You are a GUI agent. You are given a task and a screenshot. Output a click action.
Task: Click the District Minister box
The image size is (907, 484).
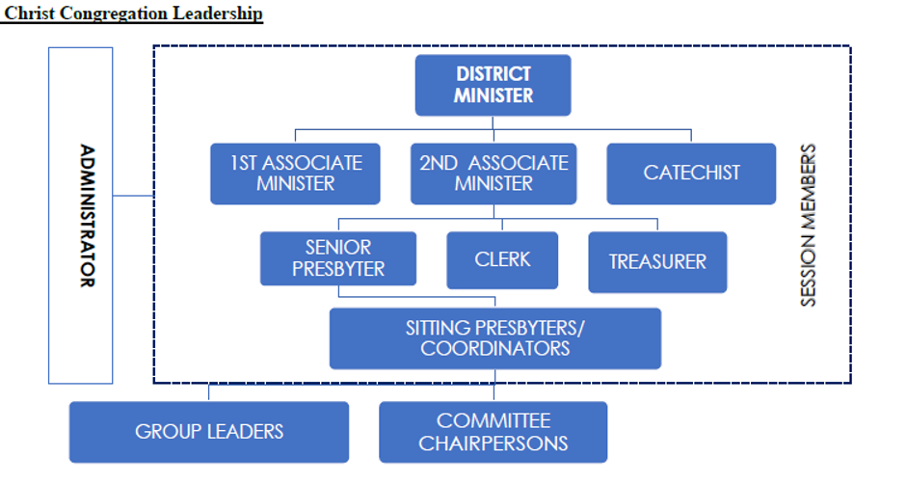pyautogui.click(x=493, y=85)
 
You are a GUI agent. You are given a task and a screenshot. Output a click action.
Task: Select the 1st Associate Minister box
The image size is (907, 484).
pyautogui.click(x=295, y=174)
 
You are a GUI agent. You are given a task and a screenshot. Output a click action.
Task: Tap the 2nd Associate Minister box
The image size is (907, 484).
pyautogui.click(x=494, y=174)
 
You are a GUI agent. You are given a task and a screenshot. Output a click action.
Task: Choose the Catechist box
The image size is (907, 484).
pyautogui.click(x=691, y=174)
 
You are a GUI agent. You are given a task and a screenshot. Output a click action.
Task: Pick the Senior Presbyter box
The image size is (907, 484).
pyautogui.click(x=338, y=258)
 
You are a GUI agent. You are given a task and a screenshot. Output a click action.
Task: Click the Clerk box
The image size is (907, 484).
pyautogui.click(x=502, y=260)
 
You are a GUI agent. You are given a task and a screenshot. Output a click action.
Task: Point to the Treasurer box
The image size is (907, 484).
pyautogui.click(x=657, y=261)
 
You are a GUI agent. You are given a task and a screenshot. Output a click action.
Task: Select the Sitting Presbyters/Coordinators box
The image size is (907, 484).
pyautogui.click(x=494, y=338)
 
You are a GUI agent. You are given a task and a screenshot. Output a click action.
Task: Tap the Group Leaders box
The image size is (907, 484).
pyautogui.click(x=209, y=432)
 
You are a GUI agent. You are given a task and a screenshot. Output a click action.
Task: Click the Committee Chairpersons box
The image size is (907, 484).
pyautogui.click(x=494, y=432)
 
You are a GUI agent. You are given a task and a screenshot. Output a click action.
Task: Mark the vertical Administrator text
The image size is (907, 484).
pyautogui.click(x=87, y=216)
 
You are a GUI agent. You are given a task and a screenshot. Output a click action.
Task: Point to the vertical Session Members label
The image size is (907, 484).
pyautogui.click(x=809, y=226)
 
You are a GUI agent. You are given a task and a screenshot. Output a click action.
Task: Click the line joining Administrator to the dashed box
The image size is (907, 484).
pyautogui.click(x=133, y=196)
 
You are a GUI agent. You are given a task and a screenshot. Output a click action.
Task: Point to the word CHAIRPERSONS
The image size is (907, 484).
pyautogui.click(x=494, y=444)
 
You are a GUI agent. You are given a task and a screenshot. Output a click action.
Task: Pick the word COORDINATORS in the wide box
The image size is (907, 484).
pyautogui.click(x=494, y=349)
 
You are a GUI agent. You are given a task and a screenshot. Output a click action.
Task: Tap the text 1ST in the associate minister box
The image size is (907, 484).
pyautogui.click(x=247, y=163)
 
